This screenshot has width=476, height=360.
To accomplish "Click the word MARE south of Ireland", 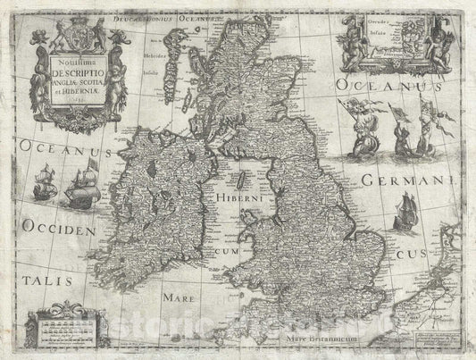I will click(x=175, y=291).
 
